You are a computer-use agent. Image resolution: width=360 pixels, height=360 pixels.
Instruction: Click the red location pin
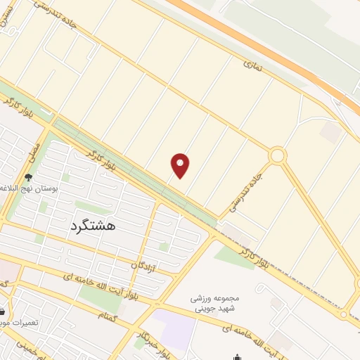[x=181, y=166]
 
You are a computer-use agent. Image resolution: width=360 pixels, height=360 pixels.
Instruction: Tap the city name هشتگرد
[x=93, y=226]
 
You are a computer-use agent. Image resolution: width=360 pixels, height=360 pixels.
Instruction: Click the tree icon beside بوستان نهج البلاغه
[x=28, y=178]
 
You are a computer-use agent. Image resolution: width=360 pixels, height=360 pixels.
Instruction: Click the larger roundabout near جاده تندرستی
[x=278, y=155]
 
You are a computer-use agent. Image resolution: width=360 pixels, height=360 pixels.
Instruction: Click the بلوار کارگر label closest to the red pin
[x=103, y=162]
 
